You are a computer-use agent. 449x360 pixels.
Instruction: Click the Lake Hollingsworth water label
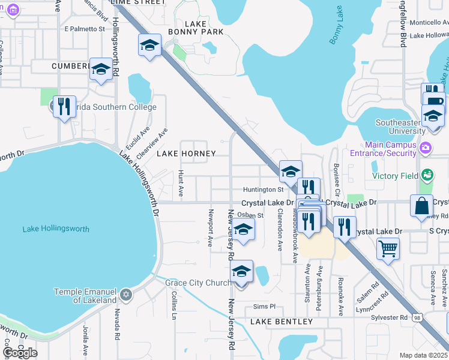click(x=55, y=229)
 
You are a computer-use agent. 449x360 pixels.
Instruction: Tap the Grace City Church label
click(x=197, y=283)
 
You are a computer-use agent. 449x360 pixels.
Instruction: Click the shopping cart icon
click(x=388, y=247)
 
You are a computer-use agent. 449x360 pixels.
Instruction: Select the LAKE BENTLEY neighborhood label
click(x=282, y=322)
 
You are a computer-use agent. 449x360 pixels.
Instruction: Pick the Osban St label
click(x=250, y=215)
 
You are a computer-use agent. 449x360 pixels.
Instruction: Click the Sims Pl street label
click(x=264, y=306)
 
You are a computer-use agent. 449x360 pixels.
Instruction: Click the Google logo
click(x=20, y=353)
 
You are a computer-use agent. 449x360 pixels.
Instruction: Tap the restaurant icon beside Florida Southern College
click(x=64, y=107)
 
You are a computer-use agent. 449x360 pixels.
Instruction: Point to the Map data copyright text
click(x=423, y=355)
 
